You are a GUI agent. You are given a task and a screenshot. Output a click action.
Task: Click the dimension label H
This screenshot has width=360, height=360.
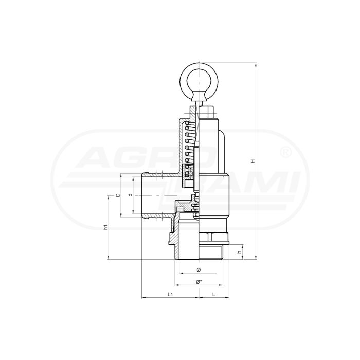[x=253, y=161]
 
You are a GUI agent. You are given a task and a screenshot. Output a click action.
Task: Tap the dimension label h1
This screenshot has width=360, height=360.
[x=105, y=227]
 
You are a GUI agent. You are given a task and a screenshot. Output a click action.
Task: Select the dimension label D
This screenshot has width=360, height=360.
[x=118, y=195]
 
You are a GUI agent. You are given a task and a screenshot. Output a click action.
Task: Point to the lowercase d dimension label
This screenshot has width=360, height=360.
[x=131, y=195]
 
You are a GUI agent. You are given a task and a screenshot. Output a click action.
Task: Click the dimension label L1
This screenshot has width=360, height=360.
[x=170, y=294]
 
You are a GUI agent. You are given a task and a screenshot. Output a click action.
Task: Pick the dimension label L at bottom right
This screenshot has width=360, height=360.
[x=214, y=294]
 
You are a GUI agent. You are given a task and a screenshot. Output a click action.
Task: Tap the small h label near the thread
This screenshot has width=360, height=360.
[x=240, y=252]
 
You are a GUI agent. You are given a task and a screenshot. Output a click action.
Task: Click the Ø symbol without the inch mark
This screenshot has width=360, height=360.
[x=199, y=270]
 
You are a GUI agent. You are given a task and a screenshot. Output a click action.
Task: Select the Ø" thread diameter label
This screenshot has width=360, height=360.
[x=199, y=282]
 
